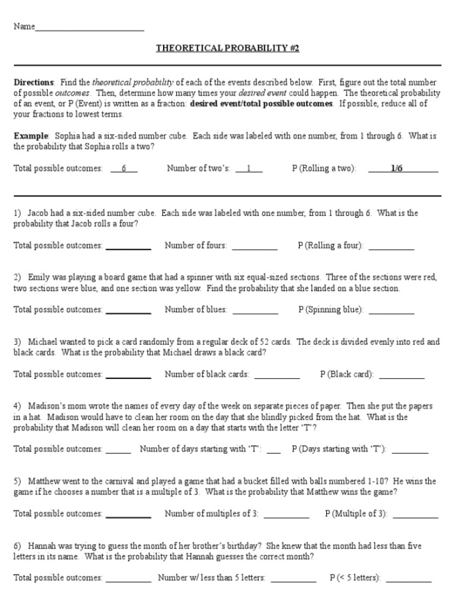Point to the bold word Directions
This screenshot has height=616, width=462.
[x=34, y=83]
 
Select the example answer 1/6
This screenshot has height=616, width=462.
[x=397, y=168]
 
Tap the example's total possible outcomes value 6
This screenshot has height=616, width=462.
[x=123, y=168]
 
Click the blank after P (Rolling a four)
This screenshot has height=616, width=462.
[x=391, y=248]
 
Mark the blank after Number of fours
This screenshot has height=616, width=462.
[x=254, y=248]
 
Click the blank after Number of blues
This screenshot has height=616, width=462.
[x=254, y=311]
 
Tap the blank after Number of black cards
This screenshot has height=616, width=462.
[x=277, y=376]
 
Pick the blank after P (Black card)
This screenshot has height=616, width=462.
[x=401, y=376]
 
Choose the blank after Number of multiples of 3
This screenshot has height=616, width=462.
[x=286, y=515]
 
